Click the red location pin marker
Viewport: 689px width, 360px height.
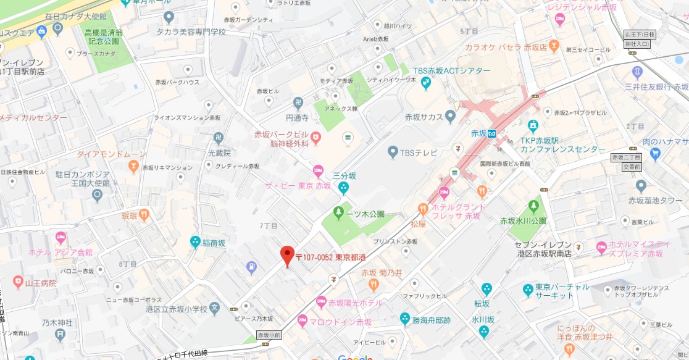[287, 255]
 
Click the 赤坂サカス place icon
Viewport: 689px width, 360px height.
[450, 115]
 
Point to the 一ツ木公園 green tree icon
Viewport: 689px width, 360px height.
[338, 213]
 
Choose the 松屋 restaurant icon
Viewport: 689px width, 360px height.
[423, 209]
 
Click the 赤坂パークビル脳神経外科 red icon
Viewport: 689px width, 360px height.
[315, 136]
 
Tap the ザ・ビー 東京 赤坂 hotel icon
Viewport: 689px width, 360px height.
[318, 170]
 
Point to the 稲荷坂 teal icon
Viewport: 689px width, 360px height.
[196, 242]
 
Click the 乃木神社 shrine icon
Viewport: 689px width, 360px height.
[60, 335]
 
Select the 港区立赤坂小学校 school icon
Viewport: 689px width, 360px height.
[214, 308]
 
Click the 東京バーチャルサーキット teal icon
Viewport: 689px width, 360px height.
[528, 290]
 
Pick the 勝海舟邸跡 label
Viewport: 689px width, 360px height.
[432, 320]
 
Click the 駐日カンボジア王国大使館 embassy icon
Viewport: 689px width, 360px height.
[97, 195]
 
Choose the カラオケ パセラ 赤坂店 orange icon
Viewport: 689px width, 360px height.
[554, 46]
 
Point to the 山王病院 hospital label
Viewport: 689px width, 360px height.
[41, 283]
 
